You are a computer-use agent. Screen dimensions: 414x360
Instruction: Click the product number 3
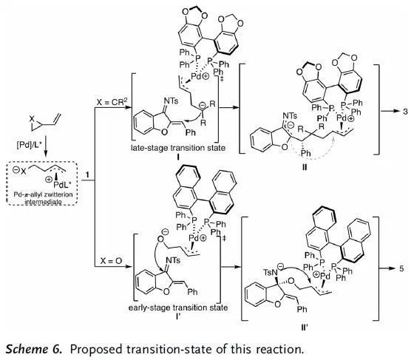(405, 112)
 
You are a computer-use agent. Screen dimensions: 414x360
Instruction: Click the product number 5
(401, 268)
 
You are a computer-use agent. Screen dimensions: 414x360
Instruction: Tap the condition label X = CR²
(110, 102)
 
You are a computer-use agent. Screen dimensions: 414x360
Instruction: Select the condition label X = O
(111, 261)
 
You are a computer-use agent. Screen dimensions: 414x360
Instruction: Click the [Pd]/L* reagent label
(30, 145)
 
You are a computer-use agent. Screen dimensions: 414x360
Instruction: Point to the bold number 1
(87, 175)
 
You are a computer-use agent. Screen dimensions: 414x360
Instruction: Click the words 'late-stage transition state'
(178, 148)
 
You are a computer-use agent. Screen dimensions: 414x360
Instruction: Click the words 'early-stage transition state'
(178, 308)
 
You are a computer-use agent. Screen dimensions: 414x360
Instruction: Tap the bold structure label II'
(305, 327)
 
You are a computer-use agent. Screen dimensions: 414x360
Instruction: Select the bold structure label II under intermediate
(305, 167)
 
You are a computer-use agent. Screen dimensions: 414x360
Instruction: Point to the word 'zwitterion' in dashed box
(60, 194)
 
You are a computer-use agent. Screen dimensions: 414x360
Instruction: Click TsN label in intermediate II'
(270, 272)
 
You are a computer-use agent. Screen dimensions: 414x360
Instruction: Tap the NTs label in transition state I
(171, 101)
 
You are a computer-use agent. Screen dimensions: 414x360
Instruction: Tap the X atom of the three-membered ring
(32, 119)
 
